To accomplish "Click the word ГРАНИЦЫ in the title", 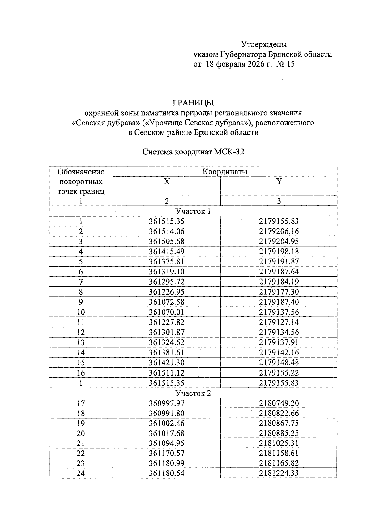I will (x=193, y=102).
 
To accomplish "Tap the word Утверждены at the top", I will (x=264, y=44).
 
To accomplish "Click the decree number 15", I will (x=291, y=65).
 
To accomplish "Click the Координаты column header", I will (x=225, y=172).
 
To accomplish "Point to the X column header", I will (x=167, y=182).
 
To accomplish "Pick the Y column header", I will (x=279, y=182).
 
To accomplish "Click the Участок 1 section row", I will (x=193, y=211).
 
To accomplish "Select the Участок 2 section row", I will (x=193, y=393).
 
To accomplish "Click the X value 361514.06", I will (x=166, y=231).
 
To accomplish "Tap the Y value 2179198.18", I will (x=279, y=252).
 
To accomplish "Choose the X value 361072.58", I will (x=166, y=302).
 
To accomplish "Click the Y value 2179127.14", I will (x=279, y=322).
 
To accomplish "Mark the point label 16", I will (x=81, y=373).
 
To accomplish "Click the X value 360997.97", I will (x=166, y=403).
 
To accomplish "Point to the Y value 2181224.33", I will (x=279, y=473).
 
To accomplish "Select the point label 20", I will (x=81, y=433).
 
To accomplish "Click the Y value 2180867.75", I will (x=279, y=423).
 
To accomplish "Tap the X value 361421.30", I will (x=166, y=363).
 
